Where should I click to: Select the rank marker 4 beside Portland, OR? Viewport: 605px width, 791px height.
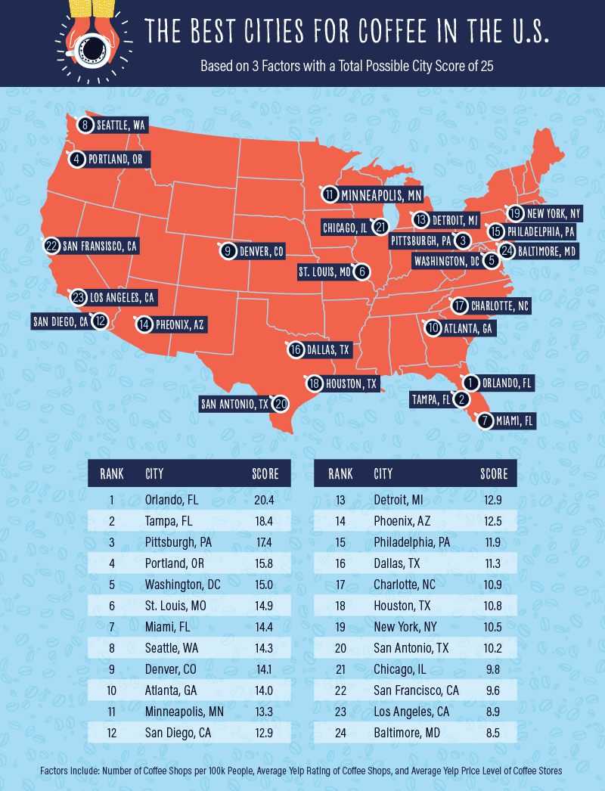[x=77, y=160]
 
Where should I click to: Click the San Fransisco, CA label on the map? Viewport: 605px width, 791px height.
[x=101, y=246]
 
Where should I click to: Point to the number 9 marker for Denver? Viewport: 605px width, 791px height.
[x=226, y=251]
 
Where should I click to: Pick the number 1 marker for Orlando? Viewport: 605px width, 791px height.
[x=470, y=383]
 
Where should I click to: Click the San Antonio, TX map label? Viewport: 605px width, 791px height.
[x=234, y=404]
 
